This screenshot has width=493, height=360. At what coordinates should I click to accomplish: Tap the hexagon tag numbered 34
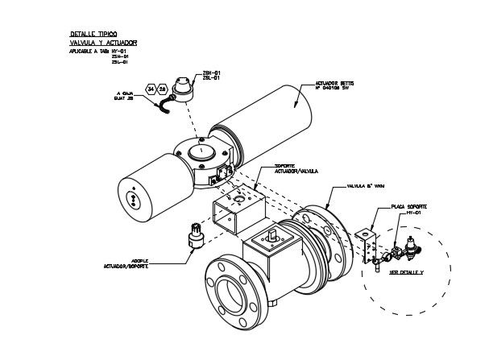[x=151, y=89]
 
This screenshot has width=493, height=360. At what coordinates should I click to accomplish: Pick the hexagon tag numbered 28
[x=162, y=89]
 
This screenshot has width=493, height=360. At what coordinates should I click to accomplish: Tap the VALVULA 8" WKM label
[x=367, y=185]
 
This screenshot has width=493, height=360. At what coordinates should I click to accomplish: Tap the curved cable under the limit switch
[x=164, y=106]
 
